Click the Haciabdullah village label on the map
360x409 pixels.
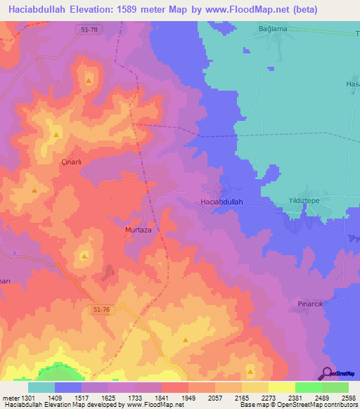217,202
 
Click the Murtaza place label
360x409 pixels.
139,230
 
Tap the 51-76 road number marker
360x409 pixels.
101,309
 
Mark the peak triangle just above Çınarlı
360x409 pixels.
55,134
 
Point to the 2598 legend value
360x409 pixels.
349,397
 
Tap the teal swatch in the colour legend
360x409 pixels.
41,387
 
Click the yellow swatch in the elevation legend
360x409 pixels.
282,387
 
